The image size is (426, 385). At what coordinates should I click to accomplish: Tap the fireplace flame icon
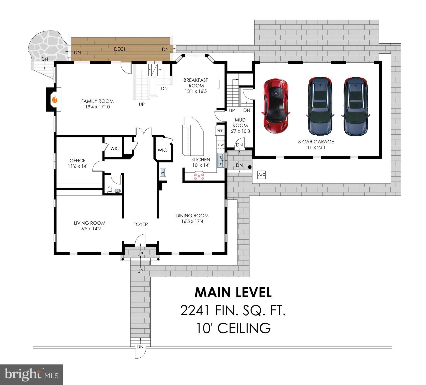click(55, 100)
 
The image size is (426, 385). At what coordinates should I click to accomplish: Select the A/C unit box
click(262, 175)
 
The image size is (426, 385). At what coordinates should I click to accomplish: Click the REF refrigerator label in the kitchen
click(220, 131)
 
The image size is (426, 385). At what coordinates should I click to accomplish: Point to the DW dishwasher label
click(221, 145)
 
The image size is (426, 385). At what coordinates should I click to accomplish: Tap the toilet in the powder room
click(110, 190)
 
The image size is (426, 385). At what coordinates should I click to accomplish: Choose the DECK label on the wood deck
click(120, 49)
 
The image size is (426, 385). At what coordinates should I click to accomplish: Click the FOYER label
click(140, 224)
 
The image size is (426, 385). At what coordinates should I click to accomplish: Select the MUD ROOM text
click(240, 123)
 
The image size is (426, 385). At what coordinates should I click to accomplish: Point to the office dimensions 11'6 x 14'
click(77, 166)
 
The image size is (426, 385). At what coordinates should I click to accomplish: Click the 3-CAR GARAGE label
click(316, 142)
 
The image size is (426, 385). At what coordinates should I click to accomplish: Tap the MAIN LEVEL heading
click(233, 292)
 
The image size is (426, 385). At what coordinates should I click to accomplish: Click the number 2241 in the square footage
click(195, 311)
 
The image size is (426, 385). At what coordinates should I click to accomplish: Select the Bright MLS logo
click(31, 375)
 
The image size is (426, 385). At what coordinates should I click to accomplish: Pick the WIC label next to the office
click(115, 148)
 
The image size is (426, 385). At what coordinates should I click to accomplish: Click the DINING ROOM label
click(192, 216)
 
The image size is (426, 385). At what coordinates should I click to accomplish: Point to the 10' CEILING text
click(233, 328)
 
